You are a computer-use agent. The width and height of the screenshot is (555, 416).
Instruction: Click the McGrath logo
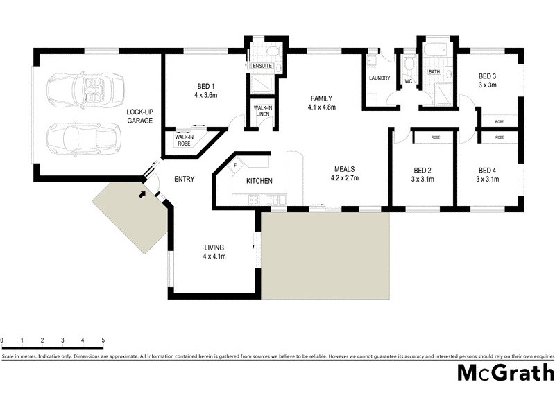[x=505, y=372]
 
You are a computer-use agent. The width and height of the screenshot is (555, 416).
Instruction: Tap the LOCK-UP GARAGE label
[x=139, y=116]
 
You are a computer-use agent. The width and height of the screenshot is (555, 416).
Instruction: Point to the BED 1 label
[x=205, y=87]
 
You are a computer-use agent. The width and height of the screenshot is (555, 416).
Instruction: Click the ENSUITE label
[x=262, y=66]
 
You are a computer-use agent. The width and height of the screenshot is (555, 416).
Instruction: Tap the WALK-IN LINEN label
[x=262, y=111]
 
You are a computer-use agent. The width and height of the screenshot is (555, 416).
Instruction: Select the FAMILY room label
[x=322, y=98]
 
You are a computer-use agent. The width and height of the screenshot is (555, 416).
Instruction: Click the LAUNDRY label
[x=379, y=78]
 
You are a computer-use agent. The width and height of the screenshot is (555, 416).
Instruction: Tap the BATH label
[x=434, y=71]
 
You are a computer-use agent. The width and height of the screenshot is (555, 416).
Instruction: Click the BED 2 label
[x=423, y=170]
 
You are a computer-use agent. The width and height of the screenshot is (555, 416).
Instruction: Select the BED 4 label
[x=487, y=170]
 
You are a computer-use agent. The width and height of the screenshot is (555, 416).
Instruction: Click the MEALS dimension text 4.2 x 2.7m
[x=345, y=178]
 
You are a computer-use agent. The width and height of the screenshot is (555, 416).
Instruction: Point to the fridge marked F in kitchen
[x=235, y=166]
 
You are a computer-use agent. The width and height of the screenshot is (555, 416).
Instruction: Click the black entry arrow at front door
[x=142, y=194]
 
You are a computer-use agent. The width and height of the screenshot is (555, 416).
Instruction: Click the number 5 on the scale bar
[x=103, y=340]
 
